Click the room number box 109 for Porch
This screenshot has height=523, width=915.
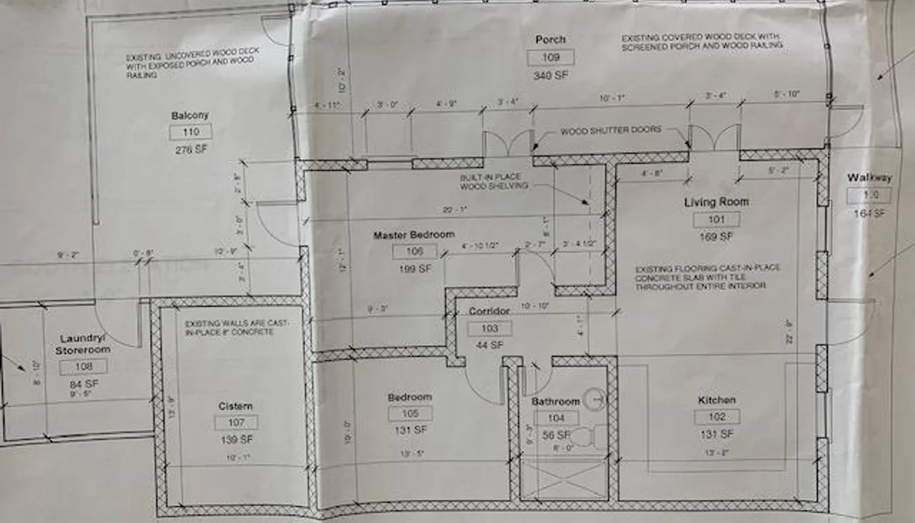coord(551,57)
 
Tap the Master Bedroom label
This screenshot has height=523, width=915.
coord(413,235)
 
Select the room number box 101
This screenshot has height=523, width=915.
coord(716,219)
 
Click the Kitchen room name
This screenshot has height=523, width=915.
coord(716,400)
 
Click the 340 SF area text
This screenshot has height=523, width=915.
coord(551,75)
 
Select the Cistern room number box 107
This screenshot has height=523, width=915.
coord(236,423)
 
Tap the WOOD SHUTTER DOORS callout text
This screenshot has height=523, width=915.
coord(610,130)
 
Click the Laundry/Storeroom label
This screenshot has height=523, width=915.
coord(83,344)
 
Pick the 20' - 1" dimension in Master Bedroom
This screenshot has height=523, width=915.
coord(455,209)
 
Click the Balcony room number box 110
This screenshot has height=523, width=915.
coord(190,132)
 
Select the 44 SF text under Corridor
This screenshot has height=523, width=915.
coord(490,345)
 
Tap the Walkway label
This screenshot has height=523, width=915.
coord(869,178)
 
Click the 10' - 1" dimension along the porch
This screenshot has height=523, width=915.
coord(612,98)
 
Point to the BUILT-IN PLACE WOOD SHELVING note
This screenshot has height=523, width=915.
coord(494,181)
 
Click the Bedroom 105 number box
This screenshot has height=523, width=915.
coord(410,413)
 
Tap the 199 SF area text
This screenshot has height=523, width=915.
coord(415,268)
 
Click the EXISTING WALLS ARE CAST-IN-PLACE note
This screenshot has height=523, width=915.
coord(236,327)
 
